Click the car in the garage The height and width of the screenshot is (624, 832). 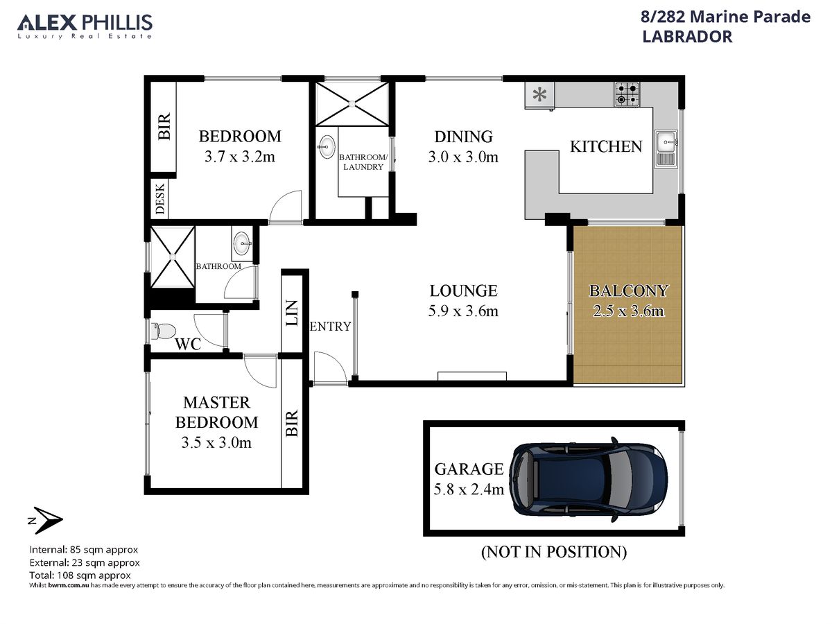click(587, 480)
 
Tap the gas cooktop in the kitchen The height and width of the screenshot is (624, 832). click(627, 94)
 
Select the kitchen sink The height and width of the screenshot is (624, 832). click(666, 149)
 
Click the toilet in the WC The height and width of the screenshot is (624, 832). click(163, 331)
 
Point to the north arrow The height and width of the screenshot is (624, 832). click(46, 520)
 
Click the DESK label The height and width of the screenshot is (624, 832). click(160, 199)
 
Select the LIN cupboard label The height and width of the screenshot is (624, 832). click(291, 313)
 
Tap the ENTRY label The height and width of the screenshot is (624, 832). click(330, 326)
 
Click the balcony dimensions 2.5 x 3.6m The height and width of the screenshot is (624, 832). click(628, 311)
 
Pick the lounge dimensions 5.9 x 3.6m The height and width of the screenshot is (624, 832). click(463, 311)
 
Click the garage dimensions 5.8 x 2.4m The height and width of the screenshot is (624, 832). click(469, 489)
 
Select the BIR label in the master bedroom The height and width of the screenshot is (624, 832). click(291, 423)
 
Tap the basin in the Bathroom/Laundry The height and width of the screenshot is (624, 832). click(327, 146)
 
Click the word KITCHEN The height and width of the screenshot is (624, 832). click(606, 146)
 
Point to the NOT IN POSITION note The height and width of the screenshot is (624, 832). click(554, 552)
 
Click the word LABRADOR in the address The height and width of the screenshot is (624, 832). click(687, 37)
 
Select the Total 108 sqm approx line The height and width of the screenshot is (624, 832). click(80, 575)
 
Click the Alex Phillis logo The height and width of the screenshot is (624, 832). click(85, 26)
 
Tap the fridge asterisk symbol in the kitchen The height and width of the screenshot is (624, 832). click(539, 94)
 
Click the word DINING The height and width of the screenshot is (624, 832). click(463, 137)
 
